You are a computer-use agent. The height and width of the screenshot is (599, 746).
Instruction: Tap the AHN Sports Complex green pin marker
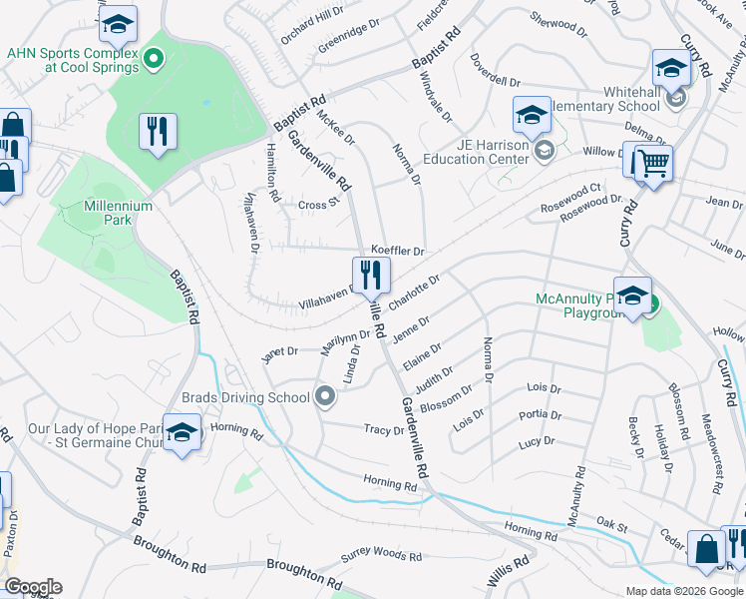point(153,61)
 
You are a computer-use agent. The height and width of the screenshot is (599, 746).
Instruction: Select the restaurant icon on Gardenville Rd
point(371,274)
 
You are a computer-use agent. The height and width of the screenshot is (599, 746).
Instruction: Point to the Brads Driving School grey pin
point(324,397)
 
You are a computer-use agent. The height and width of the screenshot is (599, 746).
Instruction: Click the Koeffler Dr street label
point(398,251)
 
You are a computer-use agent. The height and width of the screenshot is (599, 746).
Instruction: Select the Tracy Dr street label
point(384,430)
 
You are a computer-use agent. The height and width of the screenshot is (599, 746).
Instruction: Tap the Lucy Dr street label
point(536,440)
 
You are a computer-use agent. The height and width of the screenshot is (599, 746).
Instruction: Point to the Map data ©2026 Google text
point(683,591)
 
